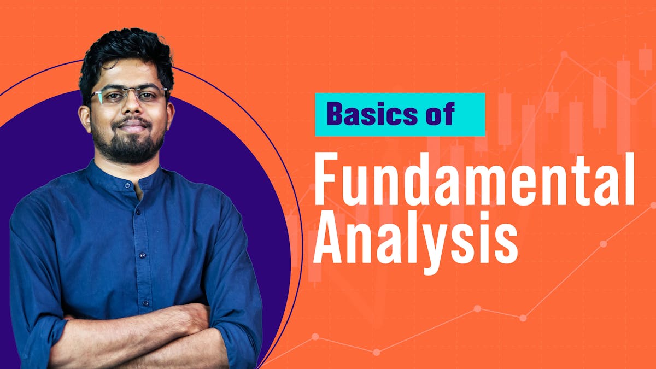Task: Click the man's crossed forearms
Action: (137, 333)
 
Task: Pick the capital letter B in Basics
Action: (335, 114)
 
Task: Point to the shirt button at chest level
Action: (142, 254)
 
